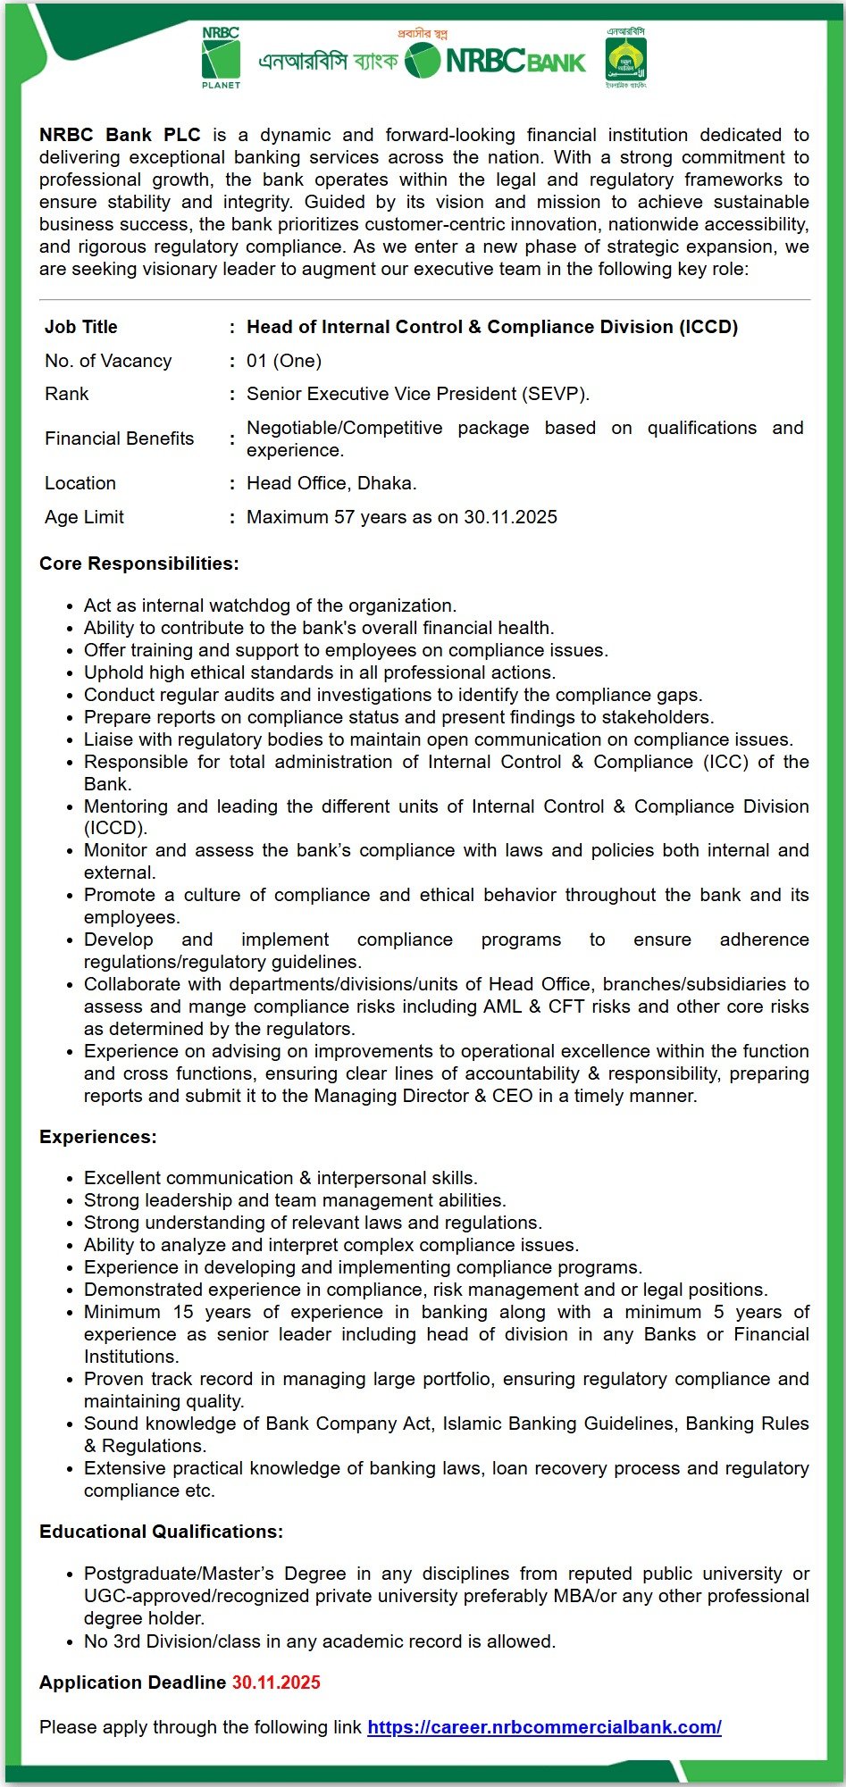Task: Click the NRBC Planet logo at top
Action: coord(221,58)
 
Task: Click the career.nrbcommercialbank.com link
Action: coord(544,1727)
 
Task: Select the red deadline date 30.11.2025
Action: coord(276,1683)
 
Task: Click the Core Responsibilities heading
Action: coord(138,564)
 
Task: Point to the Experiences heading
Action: coord(97,1137)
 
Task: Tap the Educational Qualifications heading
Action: coord(161,1532)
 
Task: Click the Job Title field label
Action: coord(81,327)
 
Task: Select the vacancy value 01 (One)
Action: coord(284,361)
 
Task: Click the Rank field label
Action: coord(67,394)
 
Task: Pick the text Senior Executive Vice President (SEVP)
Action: coord(418,394)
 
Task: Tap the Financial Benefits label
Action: coord(120,438)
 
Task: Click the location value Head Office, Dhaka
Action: coord(331,483)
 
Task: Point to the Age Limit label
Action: coord(85,517)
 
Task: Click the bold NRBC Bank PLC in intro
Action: coord(120,135)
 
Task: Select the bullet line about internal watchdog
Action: coord(270,605)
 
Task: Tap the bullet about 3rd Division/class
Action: coord(320,1641)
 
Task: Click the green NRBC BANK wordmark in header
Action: coord(515,62)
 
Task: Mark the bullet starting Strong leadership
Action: coord(295,1200)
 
